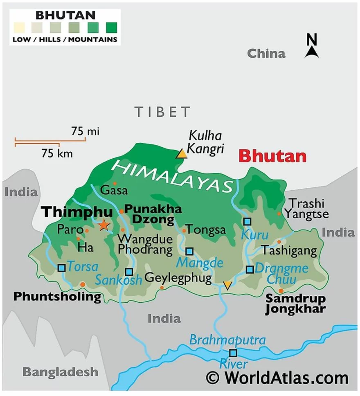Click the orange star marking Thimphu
tap(104, 225)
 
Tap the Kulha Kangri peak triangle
tap(181, 154)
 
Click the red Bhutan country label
tap(272, 156)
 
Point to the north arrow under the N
tap(312, 52)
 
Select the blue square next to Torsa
tap(61, 268)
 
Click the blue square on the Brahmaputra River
tap(233, 353)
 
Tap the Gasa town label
tap(114, 190)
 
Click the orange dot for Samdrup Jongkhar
tap(281, 291)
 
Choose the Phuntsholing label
tap(57, 296)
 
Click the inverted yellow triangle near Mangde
tap(227, 285)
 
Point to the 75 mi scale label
tap(85, 131)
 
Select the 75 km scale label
tap(57, 153)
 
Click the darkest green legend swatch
tap(111, 28)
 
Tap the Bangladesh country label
tap(60, 372)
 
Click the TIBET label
tap(162, 112)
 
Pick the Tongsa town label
tap(206, 230)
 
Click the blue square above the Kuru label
tap(247, 221)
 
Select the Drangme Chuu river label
tap(281, 274)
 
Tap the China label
tap(266, 53)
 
